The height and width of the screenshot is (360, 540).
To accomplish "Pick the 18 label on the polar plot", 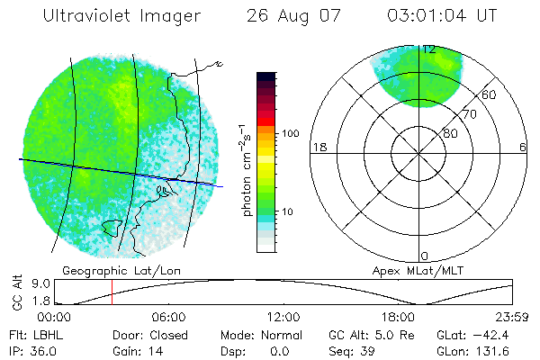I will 319,147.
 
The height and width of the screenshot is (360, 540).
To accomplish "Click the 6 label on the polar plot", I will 523,147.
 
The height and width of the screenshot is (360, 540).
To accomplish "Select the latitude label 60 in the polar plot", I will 490,94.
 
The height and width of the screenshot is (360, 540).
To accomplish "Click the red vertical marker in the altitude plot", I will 112,292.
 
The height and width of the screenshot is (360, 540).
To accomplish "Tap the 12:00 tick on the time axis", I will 283,317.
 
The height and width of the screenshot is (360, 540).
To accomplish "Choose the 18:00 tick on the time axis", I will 398,317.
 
